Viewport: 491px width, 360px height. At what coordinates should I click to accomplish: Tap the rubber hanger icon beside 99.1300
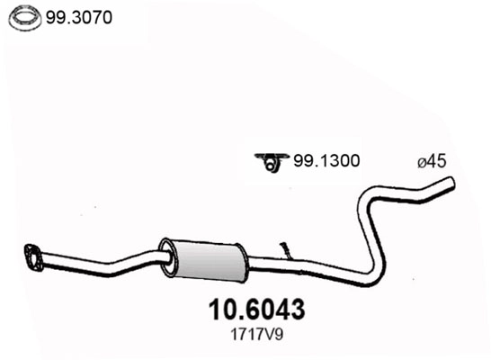(267, 162)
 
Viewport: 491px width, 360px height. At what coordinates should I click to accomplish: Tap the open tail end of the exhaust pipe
(450, 184)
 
